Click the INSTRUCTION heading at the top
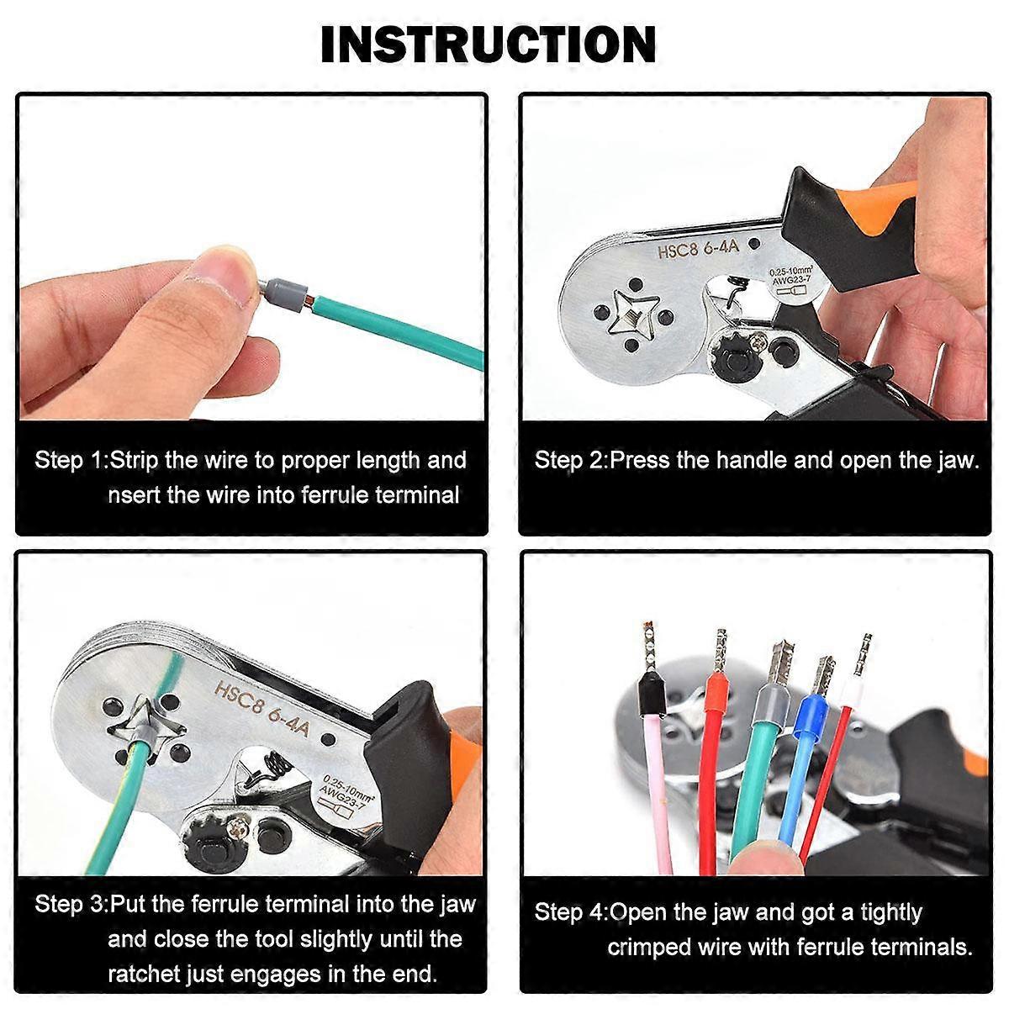coord(488,45)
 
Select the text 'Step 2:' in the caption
coord(571,460)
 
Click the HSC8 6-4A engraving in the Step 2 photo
coord(698,248)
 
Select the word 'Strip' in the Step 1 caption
coord(134,461)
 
